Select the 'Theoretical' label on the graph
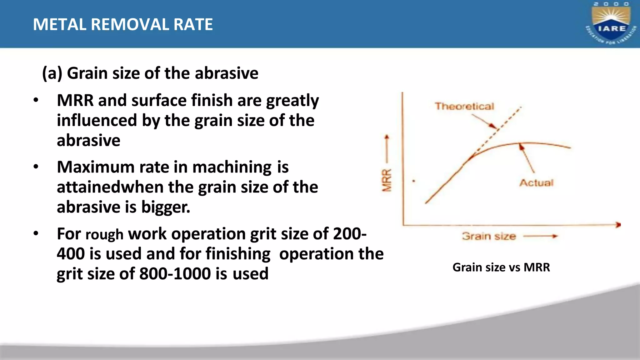pos(464,107)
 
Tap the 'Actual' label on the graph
pos(536,183)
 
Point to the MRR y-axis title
pos(387,180)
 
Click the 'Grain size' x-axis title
pos(489,236)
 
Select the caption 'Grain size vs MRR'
pos(501,267)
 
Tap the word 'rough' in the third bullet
pos(104,234)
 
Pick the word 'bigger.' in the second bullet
pos(166,207)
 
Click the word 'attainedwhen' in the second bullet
pos(110,187)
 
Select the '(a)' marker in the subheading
pos(52,73)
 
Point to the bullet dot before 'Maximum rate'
pos(36,167)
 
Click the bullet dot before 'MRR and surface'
pos(36,100)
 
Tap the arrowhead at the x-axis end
pos(618,225)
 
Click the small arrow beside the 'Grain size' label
pos(540,236)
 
